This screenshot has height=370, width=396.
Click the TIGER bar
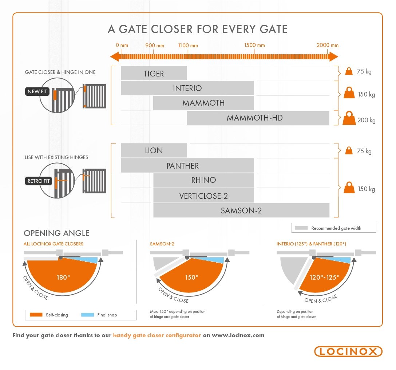click(154, 74)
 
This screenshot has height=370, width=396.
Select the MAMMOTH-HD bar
click(258, 118)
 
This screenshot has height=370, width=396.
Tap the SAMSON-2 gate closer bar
click(241, 210)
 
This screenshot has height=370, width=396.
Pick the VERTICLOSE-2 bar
click(203, 196)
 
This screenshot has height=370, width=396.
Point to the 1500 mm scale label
click(254, 45)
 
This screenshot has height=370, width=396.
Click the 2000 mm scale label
click(327, 45)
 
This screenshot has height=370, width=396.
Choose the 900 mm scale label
click(155, 45)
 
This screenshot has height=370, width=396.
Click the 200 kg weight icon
click(349, 118)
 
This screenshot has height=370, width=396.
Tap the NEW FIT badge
click(37, 91)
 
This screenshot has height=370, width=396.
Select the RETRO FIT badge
click(38, 181)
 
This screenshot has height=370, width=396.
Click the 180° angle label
click(63, 277)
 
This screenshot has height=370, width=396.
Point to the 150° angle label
click(192, 277)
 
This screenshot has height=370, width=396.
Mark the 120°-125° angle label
click(324, 277)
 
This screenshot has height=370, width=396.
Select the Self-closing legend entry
click(52, 315)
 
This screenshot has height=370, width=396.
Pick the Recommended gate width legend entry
click(334, 228)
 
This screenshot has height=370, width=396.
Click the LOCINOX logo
click(348, 351)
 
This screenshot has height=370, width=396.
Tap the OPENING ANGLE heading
click(56, 233)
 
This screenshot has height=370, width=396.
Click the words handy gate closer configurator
click(157, 335)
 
